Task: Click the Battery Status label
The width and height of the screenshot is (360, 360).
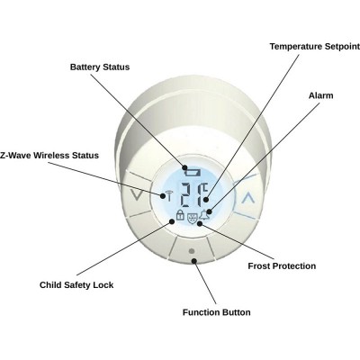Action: click(x=100, y=67)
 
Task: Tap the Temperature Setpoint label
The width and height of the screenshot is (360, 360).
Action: click(x=315, y=47)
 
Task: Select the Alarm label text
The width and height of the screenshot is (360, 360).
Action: click(x=321, y=95)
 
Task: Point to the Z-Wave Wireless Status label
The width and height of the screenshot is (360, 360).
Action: click(x=49, y=156)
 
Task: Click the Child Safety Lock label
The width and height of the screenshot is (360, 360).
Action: click(x=76, y=285)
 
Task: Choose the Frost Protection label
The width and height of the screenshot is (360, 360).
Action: click(x=282, y=266)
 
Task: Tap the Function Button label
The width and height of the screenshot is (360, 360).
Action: click(x=216, y=312)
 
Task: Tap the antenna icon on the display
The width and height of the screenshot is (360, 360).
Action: click(x=169, y=195)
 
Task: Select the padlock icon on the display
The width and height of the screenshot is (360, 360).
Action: click(x=180, y=215)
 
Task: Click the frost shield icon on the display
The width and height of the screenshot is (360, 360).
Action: click(x=192, y=218)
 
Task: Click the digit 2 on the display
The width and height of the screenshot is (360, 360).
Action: click(x=188, y=195)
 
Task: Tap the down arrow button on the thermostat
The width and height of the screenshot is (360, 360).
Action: click(x=138, y=195)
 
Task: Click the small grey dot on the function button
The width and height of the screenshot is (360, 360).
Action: click(x=192, y=251)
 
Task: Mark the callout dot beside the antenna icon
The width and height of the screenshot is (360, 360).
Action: click(x=163, y=196)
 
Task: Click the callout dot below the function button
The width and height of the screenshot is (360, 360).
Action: click(x=194, y=261)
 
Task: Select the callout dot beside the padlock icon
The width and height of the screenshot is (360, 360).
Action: click(x=172, y=221)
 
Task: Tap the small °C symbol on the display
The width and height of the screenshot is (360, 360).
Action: click(x=204, y=188)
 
